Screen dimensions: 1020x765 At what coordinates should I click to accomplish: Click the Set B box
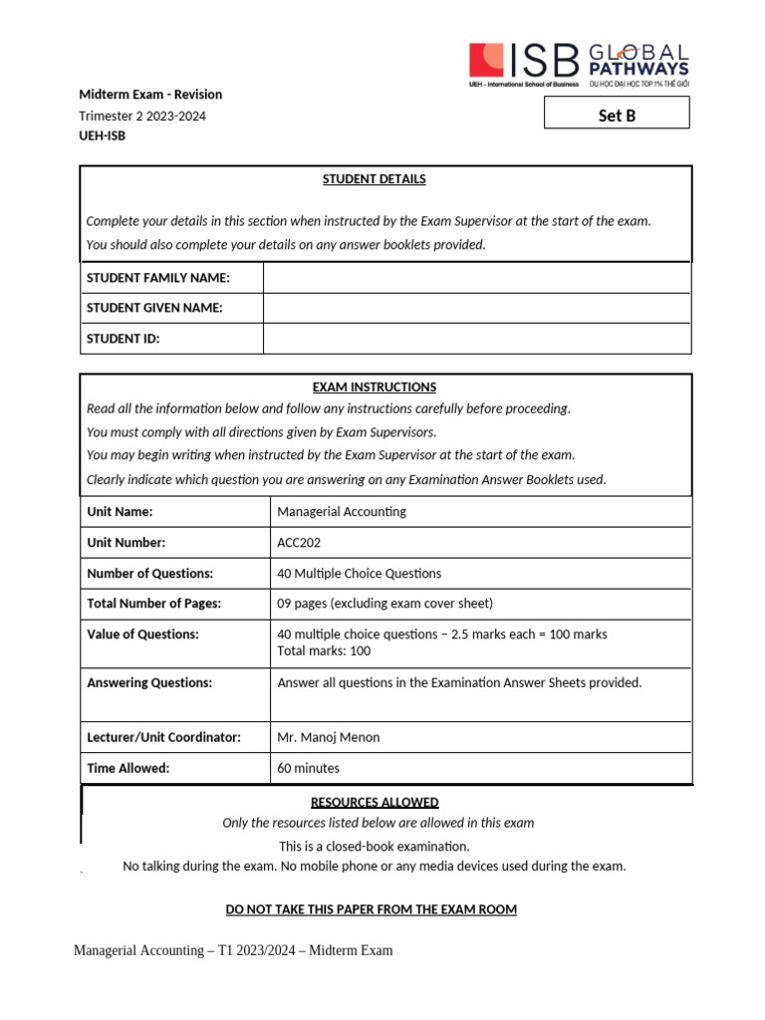point(617,115)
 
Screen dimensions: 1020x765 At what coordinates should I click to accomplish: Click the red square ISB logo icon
point(486,60)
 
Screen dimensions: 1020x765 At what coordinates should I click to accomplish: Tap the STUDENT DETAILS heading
point(374,179)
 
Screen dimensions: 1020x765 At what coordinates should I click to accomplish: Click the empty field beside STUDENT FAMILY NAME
point(476,278)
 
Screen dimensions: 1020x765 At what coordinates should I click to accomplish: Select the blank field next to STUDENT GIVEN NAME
point(476,308)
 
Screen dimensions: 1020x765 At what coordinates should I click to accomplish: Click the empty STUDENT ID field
point(476,339)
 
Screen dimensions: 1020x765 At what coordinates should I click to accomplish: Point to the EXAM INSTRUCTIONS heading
point(374,386)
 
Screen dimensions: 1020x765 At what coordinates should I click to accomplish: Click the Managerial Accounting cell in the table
point(342,512)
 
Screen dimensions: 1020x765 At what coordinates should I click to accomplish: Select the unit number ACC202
point(299,543)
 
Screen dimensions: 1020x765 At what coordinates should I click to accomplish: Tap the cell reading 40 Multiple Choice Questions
point(359,574)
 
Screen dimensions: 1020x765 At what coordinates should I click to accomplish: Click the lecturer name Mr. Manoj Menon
point(328,737)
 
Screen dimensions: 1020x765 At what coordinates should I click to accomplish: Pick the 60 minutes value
point(308,768)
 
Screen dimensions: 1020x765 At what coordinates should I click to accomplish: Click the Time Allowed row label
point(128,768)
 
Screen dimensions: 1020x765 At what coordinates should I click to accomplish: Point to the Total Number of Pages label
point(153,603)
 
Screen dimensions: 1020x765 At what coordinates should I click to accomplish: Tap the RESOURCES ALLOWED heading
point(375,802)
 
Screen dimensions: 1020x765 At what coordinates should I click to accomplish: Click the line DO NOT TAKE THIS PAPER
point(372,909)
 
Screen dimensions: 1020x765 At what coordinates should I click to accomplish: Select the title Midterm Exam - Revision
point(150,95)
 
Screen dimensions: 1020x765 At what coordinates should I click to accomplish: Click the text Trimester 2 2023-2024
point(142,116)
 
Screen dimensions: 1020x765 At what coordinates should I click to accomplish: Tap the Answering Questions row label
point(149,682)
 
